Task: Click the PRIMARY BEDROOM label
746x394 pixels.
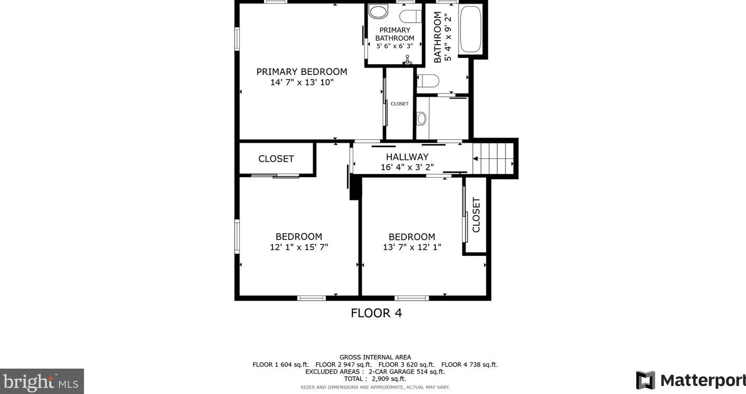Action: (x=302, y=72)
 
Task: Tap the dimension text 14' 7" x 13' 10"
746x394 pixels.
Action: (x=302, y=82)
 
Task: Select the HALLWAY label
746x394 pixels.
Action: (x=407, y=157)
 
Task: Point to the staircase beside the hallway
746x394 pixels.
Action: (x=493, y=159)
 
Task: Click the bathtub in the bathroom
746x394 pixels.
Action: (x=470, y=29)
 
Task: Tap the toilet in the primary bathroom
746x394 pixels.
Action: (x=411, y=16)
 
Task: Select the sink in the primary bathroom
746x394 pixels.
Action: (x=379, y=11)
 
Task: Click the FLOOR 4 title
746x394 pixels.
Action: (x=376, y=313)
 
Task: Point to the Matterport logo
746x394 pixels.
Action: (x=691, y=380)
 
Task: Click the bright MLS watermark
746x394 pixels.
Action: (x=42, y=381)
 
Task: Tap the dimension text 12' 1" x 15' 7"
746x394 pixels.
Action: (x=299, y=247)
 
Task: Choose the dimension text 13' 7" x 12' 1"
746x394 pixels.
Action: (x=412, y=247)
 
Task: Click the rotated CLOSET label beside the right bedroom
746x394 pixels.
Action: (x=476, y=215)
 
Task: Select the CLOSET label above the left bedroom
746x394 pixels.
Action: (x=276, y=159)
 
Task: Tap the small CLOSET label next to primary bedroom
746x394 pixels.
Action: (x=400, y=104)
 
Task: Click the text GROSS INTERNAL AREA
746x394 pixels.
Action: (x=375, y=358)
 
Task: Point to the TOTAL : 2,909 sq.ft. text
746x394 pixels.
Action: (x=375, y=379)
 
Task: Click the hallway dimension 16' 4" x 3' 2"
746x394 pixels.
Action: (x=407, y=167)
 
